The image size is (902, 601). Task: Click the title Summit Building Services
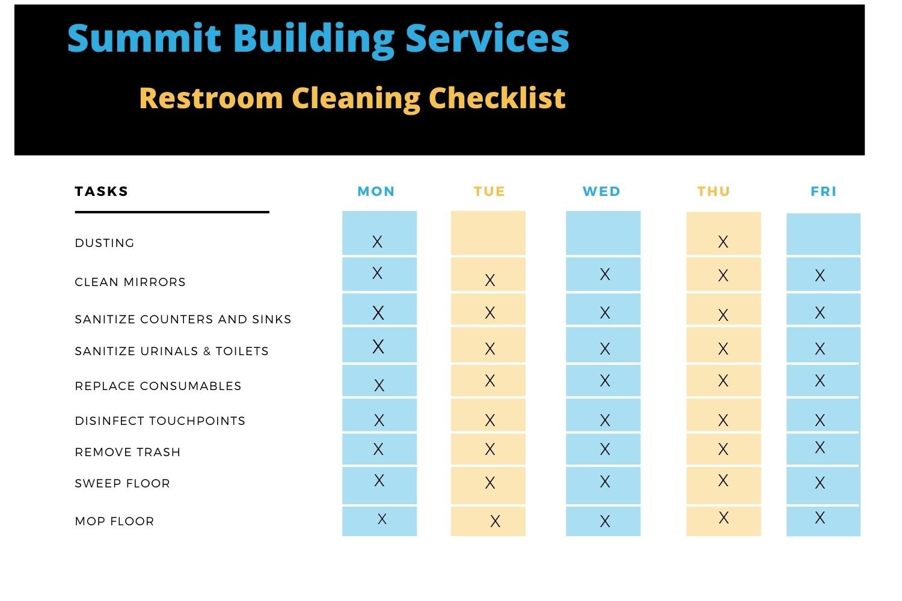318,39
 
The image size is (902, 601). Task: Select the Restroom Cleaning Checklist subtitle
352,98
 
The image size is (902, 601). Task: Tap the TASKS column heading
102,192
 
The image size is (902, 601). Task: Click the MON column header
376,192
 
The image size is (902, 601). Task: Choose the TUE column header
489,192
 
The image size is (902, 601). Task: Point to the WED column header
601,192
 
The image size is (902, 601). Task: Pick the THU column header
714,192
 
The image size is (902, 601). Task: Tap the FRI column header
824,192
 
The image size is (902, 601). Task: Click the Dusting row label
105,243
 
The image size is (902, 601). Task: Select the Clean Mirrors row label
130,282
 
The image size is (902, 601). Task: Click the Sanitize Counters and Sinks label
183,320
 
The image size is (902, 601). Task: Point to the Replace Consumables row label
158,386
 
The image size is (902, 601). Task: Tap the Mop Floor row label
114,522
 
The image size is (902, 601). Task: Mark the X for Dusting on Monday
377,242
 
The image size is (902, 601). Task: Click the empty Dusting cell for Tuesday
488,233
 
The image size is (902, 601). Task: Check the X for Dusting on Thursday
723,242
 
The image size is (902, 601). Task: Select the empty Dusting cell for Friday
823,234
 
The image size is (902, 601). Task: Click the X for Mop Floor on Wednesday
605,521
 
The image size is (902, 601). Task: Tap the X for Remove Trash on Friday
820,447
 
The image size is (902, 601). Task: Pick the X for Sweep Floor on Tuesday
490,483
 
